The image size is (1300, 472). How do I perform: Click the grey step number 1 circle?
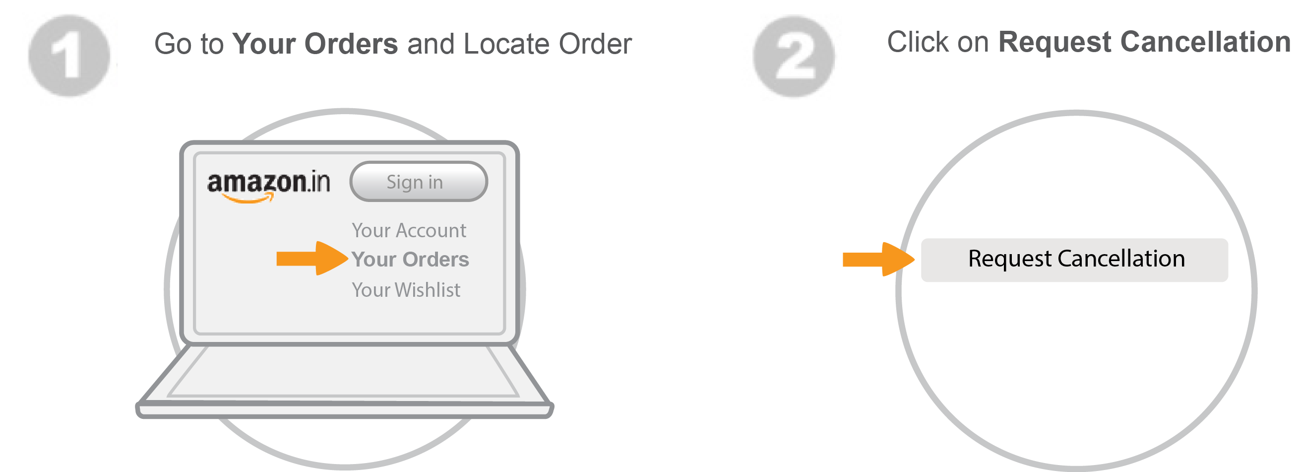pos(69,56)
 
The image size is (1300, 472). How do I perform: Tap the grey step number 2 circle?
pos(793,57)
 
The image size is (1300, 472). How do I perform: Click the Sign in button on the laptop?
pos(418,182)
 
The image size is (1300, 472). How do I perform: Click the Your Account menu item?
pos(409,231)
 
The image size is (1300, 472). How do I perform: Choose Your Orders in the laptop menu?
pos(410,260)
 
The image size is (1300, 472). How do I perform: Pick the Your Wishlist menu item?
pos(406,290)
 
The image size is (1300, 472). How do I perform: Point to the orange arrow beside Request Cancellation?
pos(877,260)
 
